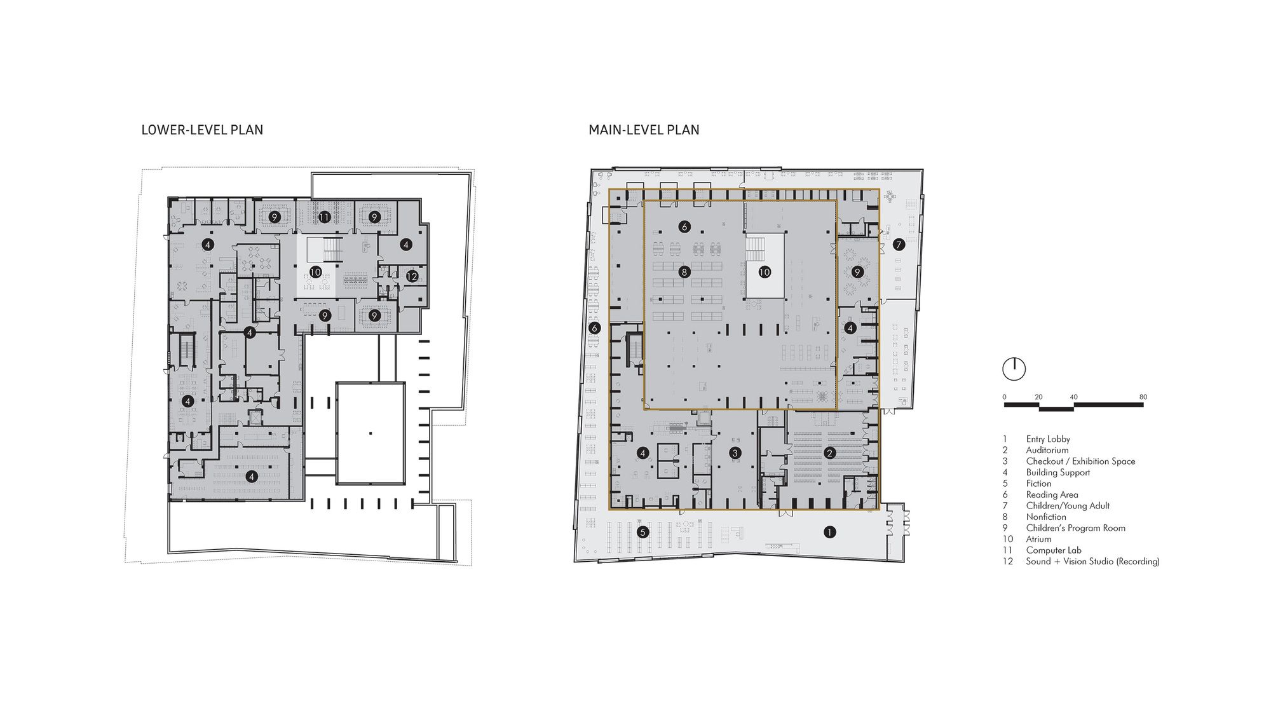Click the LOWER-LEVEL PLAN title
(202, 130)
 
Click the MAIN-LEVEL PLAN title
(644, 130)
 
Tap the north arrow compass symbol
(1014, 369)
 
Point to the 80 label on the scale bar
(1143, 397)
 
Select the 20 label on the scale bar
(1038, 397)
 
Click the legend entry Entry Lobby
(1048, 439)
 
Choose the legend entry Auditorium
(1047, 450)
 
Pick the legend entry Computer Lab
(1053, 550)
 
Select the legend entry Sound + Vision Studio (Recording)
(1092, 562)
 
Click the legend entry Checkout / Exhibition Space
(1080, 461)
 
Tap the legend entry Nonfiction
(1046, 517)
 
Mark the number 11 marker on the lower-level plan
(325, 217)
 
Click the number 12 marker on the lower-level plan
(412, 276)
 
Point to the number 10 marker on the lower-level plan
(315, 272)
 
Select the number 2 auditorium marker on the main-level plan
(829, 453)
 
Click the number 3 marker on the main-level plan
(735, 453)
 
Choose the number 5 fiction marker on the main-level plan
(642, 532)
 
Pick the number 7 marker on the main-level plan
(899, 244)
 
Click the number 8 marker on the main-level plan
(684, 272)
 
